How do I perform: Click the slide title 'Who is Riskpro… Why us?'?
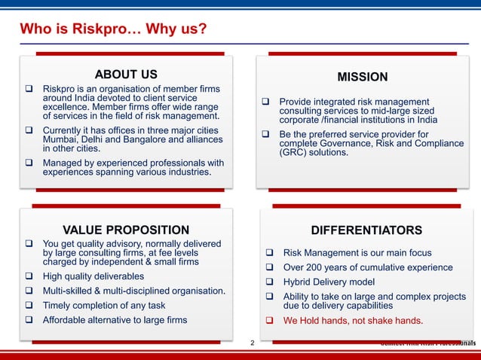click(x=113, y=30)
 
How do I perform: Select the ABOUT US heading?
click(x=126, y=74)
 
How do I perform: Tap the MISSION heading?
click(x=363, y=77)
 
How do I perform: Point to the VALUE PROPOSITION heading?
click(x=126, y=230)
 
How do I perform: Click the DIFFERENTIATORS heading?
click(x=366, y=230)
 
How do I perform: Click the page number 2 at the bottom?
click(x=253, y=343)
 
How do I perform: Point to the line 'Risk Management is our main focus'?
click(x=357, y=253)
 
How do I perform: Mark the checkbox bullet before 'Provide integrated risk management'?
click(x=265, y=102)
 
